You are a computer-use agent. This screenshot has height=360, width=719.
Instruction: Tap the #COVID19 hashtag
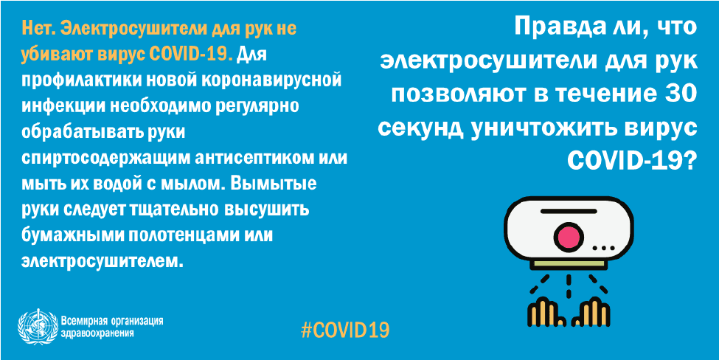345,329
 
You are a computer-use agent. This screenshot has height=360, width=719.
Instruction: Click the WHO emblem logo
38,326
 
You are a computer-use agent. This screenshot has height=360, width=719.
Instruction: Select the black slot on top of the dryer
569,211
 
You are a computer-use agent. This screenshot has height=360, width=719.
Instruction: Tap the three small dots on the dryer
602,248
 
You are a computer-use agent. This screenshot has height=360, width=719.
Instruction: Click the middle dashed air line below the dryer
568,285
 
